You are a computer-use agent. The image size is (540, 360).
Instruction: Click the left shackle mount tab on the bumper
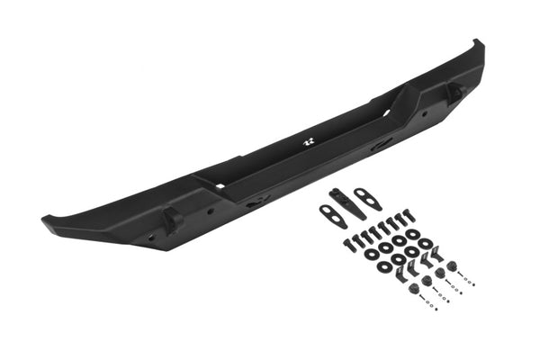click(x=171, y=219)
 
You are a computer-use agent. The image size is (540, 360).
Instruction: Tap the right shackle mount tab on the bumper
click(x=454, y=90)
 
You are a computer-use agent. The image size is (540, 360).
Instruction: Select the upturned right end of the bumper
click(x=478, y=49)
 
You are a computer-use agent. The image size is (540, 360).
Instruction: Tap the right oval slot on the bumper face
click(x=382, y=143)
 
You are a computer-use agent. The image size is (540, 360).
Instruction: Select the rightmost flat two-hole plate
click(x=368, y=199)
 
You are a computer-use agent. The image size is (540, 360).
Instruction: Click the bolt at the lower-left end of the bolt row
click(x=347, y=244)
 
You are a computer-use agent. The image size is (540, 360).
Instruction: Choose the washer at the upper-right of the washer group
click(x=425, y=244)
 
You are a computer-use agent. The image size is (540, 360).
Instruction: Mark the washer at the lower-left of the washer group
click(x=371, y=256)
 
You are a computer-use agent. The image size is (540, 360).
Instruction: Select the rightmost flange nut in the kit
click(x=454, y=267)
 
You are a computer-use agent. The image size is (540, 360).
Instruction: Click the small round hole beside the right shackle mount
click(x=431, y=108)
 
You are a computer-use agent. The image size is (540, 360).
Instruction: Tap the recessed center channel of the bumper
click(x=297, y=158)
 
